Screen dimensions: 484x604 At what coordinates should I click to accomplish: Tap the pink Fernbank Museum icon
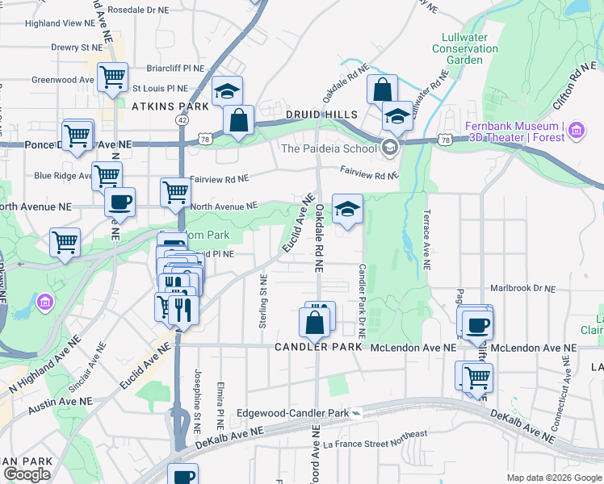(x=576, y=130)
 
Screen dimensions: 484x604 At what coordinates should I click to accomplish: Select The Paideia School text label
(x=329, y=148)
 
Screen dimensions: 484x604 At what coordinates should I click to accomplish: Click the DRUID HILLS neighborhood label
(x=323, y=115)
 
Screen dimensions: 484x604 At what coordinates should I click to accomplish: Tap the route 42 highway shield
(x=182, y=119)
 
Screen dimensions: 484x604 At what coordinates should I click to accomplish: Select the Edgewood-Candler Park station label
(x=292, y=414)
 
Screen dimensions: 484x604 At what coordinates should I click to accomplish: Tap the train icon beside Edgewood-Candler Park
(x=356, y=413)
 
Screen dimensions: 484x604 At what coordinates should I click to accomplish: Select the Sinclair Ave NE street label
(x=88, y=367)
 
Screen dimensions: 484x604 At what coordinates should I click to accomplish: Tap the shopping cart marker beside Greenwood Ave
(x=112, y=77)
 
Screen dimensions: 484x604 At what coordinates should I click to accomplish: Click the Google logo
(x=26, y=474)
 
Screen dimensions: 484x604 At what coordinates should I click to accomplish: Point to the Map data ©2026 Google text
(x=553, y=478)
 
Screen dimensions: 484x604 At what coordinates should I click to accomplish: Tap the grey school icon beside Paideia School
(x=390, y=147)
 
